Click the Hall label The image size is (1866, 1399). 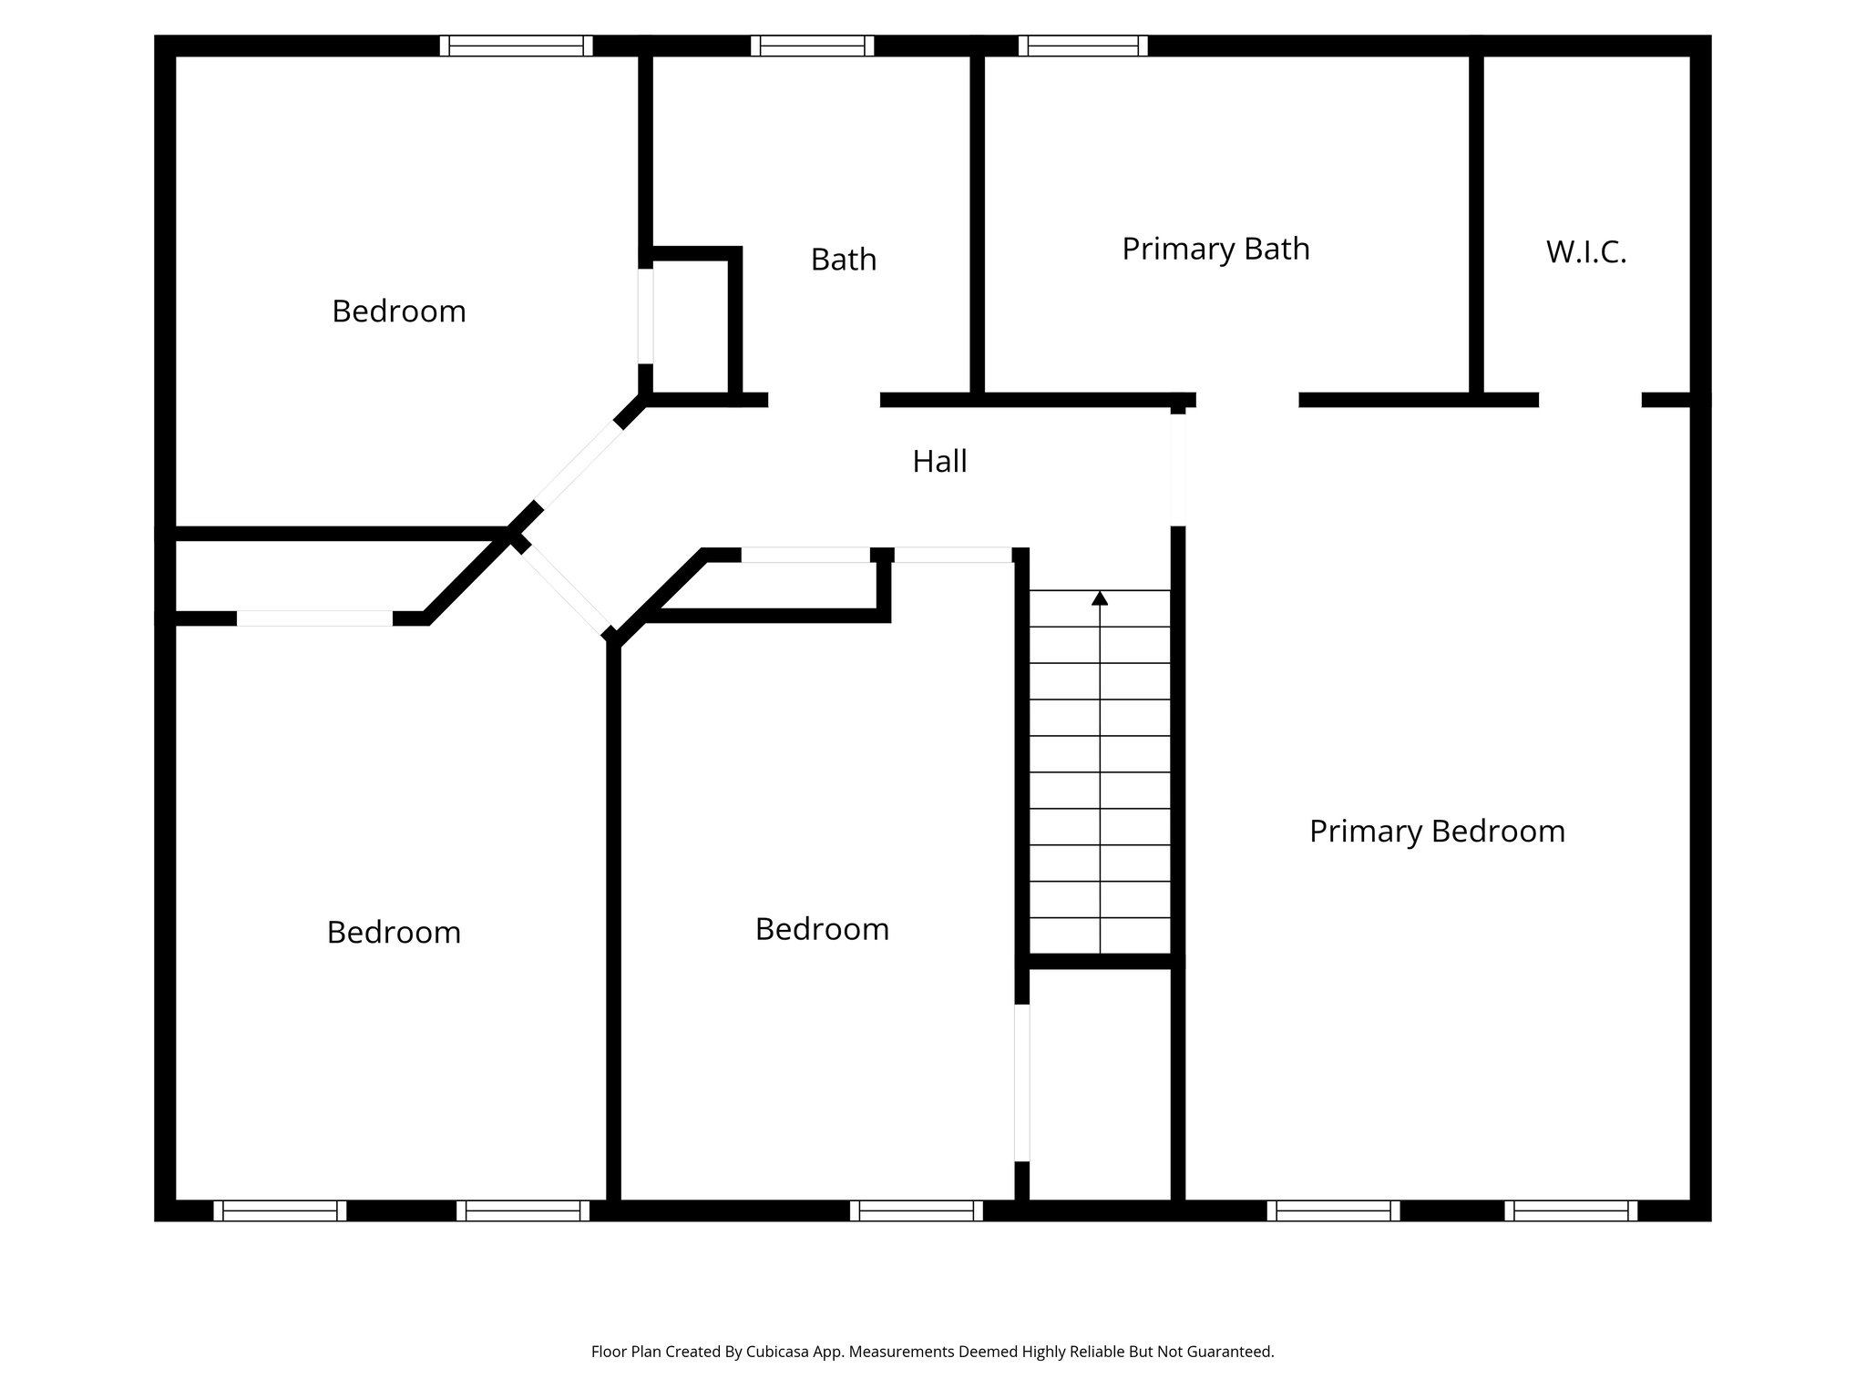pyautogui.click(x=939, y=462)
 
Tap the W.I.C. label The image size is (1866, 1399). pyautogui.click(x=1585, y=253)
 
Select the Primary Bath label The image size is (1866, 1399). pyautogui.click(x=1215, y=249)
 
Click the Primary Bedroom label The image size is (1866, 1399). pyautogui.click(x=1437, y=832)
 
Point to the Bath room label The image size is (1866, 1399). pyautogui.click(x=844, y=260)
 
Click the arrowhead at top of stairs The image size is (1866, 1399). pyautogui.click(x=1100, y=598)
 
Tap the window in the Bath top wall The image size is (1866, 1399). pyautogui.click(x=812, y=46)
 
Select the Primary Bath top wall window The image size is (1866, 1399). pyautogui.click(x=1082, y=46)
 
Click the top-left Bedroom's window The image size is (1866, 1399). pyautogui.click(x=516, y=46)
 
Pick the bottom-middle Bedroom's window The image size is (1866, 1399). pyautogui.click(x=916, y=1210)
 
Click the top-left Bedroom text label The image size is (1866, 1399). pyautogui.click(x=399, y=311)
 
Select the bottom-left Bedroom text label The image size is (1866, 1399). pyautogui.click(x=394, y=933)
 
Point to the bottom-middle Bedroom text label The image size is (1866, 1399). pyautogui.click(x=822, y=929)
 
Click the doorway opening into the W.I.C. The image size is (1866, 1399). pyautogui.click(x=1590, y=400)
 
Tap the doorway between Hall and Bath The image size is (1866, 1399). pyautogui.click(x=824, y=400)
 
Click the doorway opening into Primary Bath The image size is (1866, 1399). pyautogui.click(x=1246, y=400)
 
